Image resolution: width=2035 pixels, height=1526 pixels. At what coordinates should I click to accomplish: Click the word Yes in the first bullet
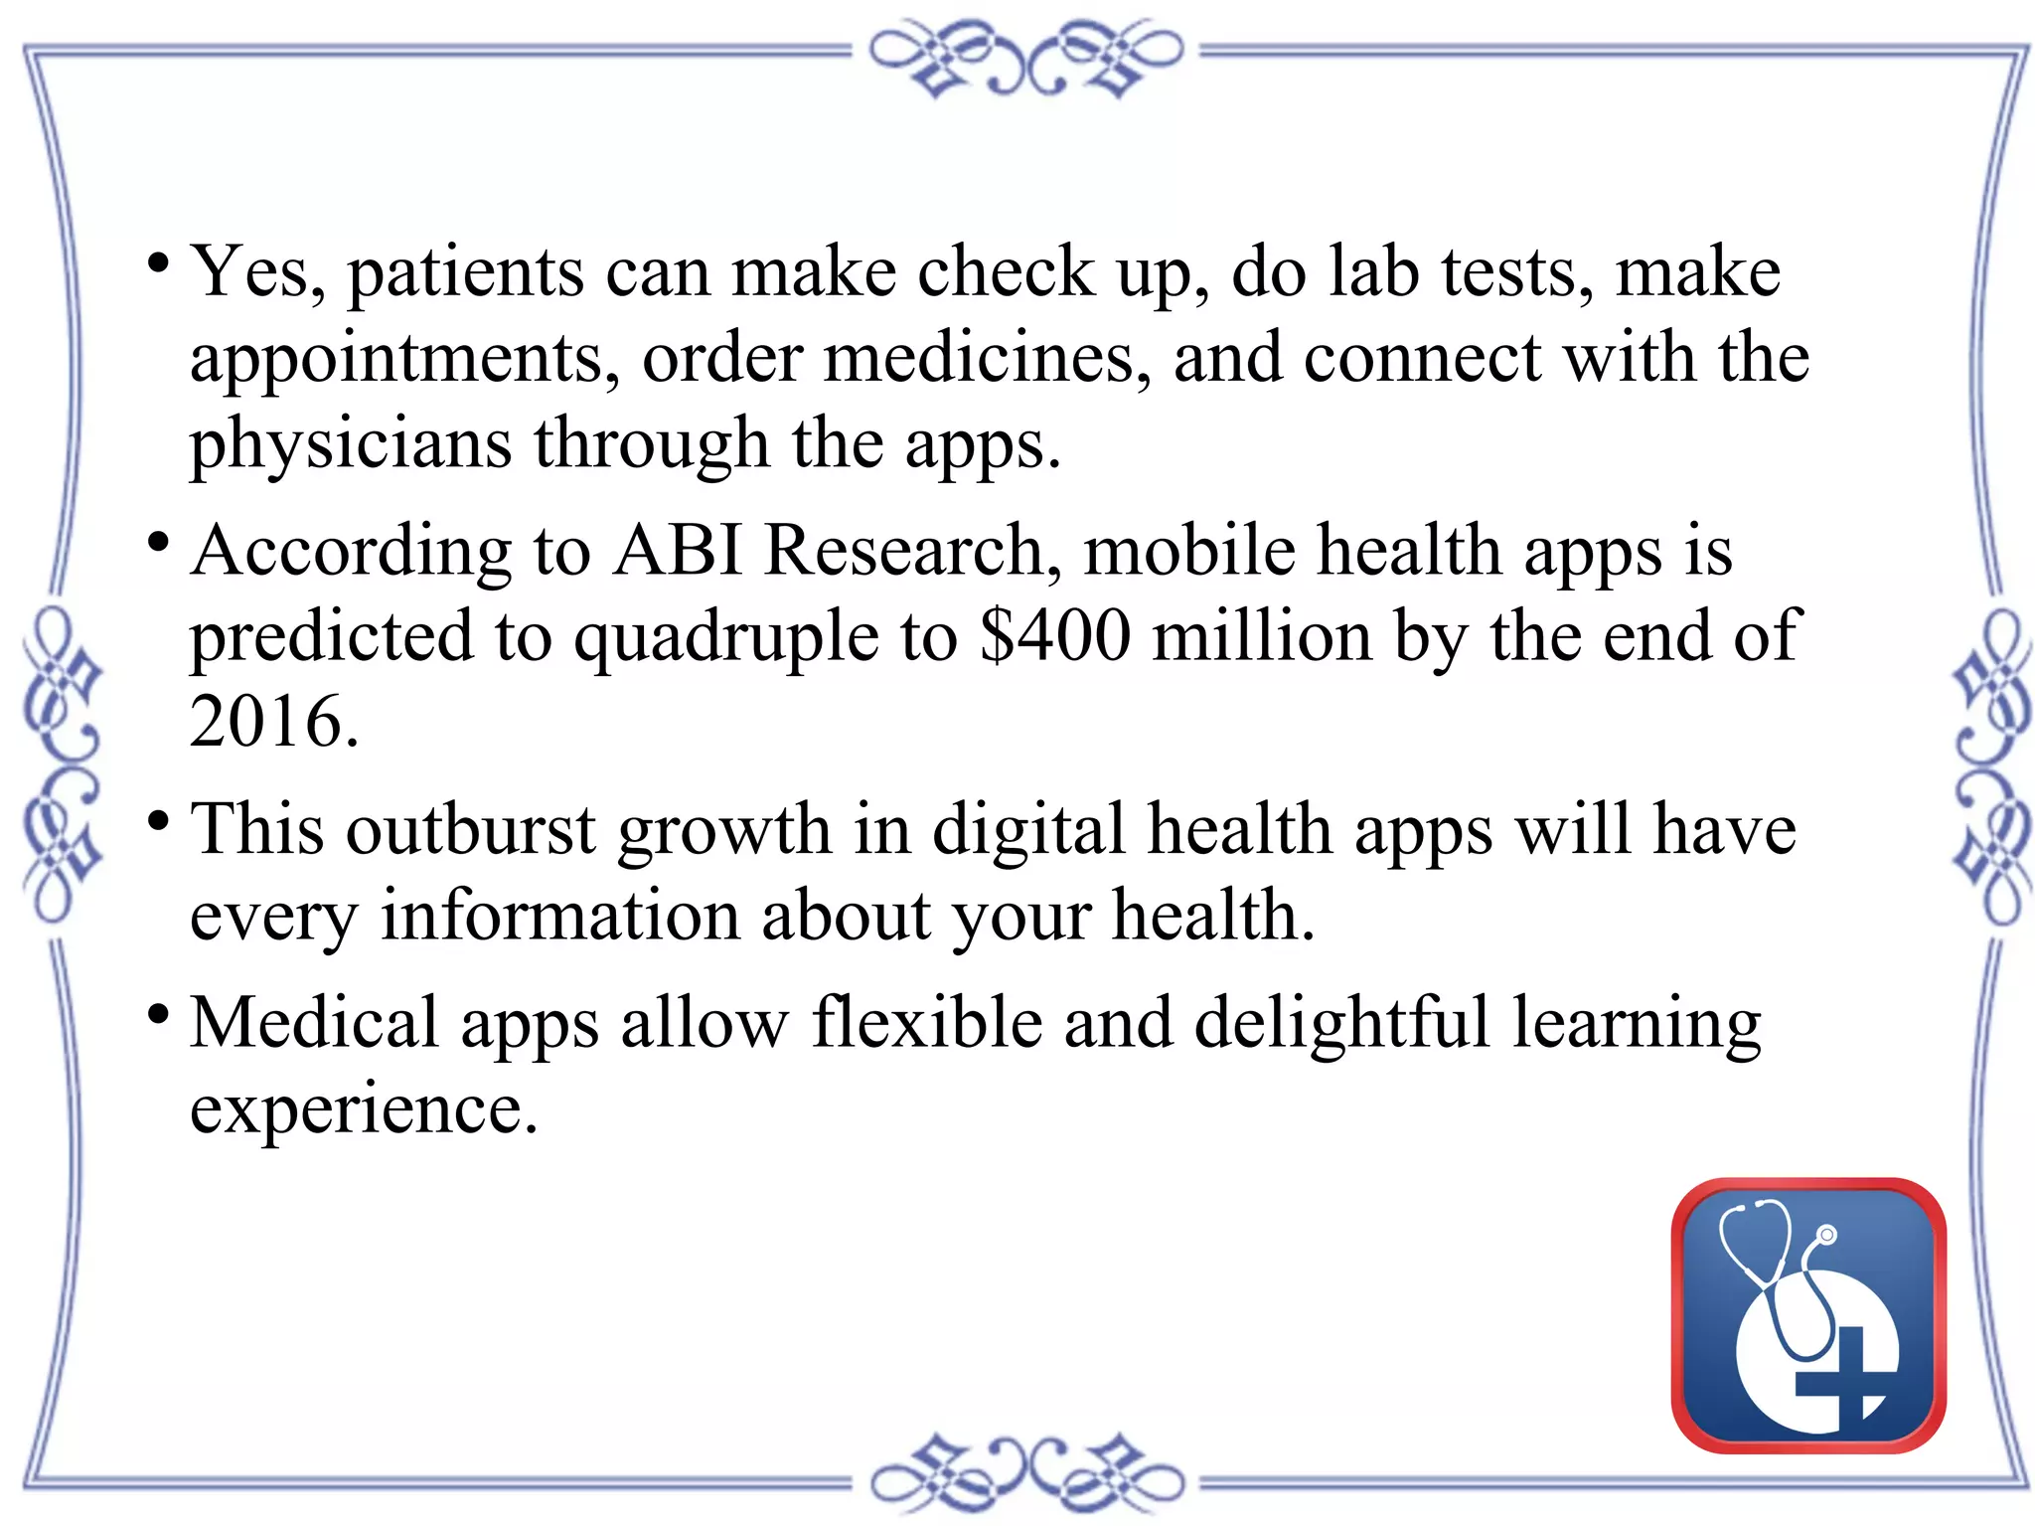pos(256,270)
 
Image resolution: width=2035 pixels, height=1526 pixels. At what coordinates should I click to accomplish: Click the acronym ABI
pos(678,550)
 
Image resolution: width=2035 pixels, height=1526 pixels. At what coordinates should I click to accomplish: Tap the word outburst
pos(470,829)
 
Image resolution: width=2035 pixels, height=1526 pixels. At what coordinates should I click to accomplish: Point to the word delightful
pos(1341,1024)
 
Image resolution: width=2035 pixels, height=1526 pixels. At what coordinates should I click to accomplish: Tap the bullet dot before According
pos(158,543)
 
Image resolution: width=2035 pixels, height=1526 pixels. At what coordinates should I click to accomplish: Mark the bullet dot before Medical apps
pos(158,1014)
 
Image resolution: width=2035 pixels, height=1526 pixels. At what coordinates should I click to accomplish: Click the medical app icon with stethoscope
pos(1808,1314)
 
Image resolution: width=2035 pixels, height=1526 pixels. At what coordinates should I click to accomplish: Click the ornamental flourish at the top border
pos(1026,57)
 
